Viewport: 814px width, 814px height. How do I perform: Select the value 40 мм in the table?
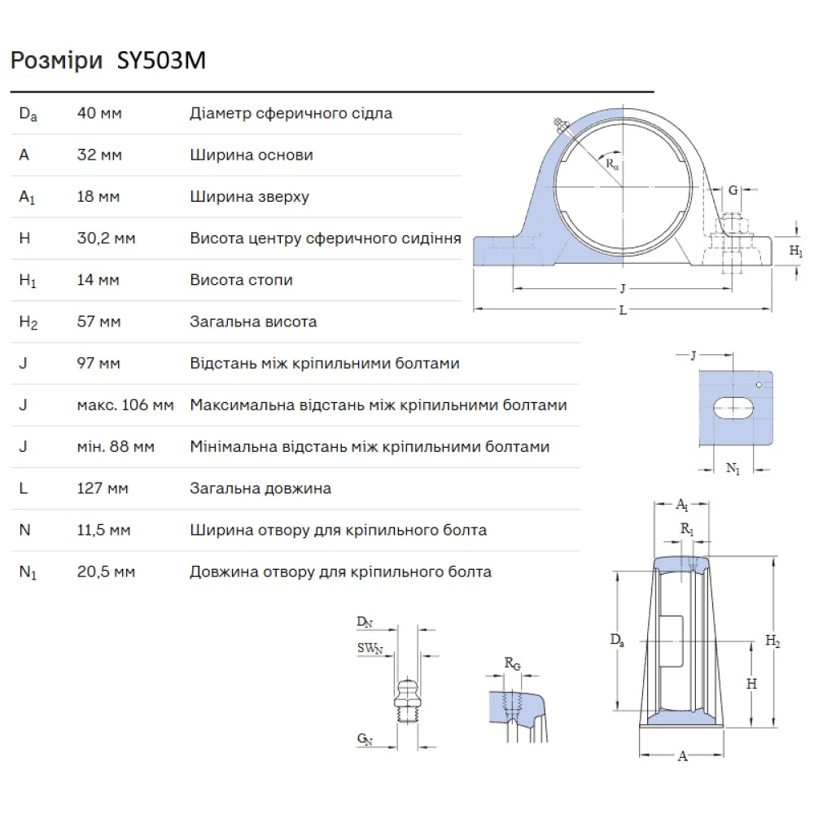point(99,113)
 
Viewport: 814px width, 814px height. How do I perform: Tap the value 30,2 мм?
point(106,239)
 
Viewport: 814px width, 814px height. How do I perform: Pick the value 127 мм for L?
point(103,488)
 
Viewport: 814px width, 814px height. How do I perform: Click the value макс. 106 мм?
point(125,405)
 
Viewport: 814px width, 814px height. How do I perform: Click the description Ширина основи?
point(252,155)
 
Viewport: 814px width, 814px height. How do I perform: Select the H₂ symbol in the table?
point(28,322)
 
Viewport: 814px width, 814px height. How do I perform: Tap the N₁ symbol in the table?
point(28,572)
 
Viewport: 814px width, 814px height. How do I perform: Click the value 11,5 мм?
point(103,530)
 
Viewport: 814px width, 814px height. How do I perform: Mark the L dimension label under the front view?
point(623,310)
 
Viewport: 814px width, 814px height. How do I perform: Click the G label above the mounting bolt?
point(733,190)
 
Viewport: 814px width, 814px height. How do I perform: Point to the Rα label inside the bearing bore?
point(612,163)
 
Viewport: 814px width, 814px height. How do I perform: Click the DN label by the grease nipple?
point(365,623)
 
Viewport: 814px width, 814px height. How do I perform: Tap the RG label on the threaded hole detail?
point(512,664)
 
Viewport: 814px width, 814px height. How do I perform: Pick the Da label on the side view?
point(618,640)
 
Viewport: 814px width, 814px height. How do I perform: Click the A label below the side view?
point(682,756)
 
